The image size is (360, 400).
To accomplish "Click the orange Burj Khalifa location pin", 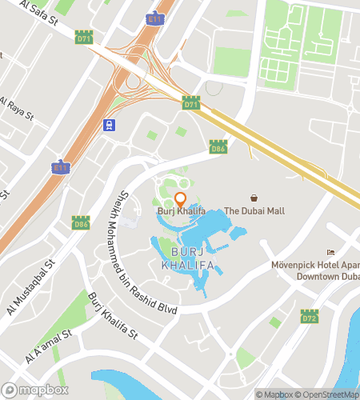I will tap(181, 199).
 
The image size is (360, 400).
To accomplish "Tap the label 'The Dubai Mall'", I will tap(254, 211).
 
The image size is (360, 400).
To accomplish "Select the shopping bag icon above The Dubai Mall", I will tap(254, 198).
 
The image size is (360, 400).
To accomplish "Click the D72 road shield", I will tap(310, 318).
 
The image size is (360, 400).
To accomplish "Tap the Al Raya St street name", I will tap(16, 110).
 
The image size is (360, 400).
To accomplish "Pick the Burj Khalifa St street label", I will tap(113, 313).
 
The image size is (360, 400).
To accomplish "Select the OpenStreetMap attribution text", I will tap(328, 394).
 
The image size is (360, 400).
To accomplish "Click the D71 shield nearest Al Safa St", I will tap(83, 38).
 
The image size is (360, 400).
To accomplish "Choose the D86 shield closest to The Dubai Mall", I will tap(217, 147).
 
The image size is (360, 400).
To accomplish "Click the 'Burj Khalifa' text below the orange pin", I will tap(181, 211).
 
